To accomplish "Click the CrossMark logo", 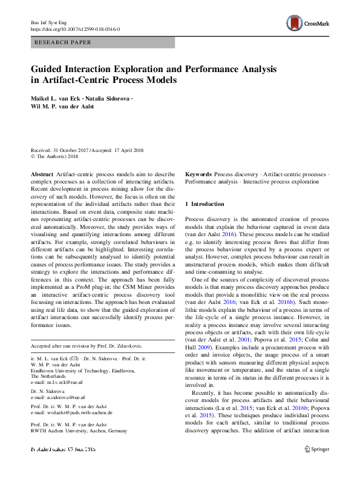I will click(x=308, y=23).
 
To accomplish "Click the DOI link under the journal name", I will click(x=75, y=28).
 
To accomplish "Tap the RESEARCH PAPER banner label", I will click(x=64, y=42).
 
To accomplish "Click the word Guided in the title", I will click(x=51, y=69).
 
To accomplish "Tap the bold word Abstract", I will click(x=42, y=174).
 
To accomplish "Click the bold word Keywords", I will click(x=198, y=174).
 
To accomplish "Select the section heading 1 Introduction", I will click(x=205, y=204).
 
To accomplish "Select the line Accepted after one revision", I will click(x=86, y=346).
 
